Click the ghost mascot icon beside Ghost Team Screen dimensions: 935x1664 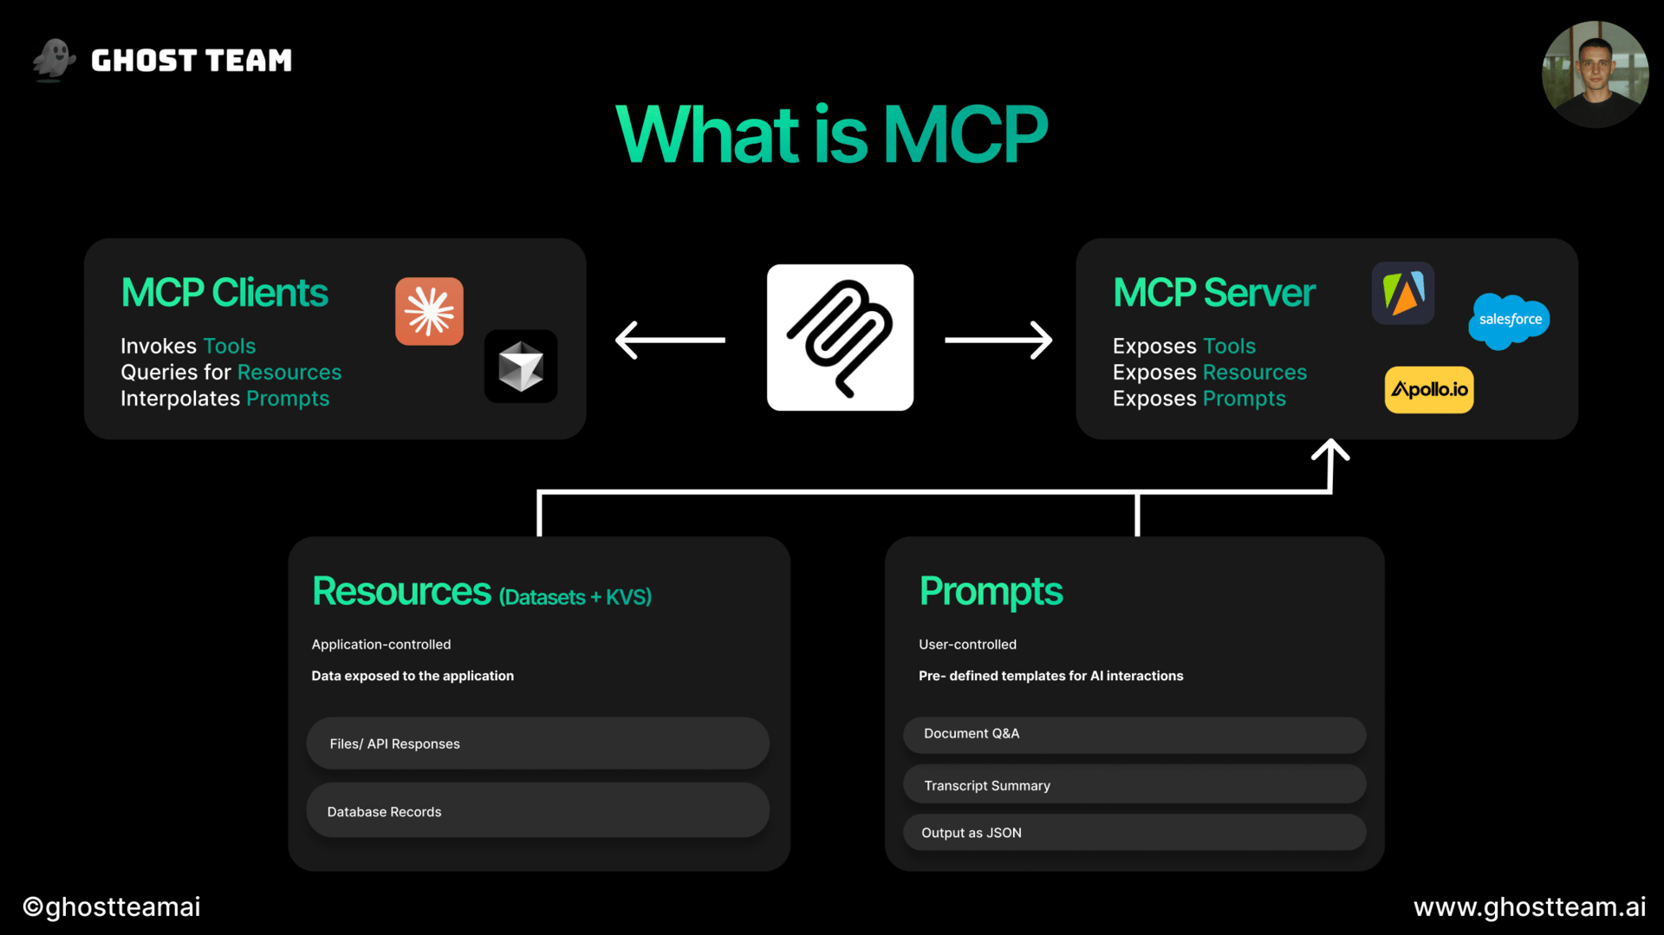(54, 60)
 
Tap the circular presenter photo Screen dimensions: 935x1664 (1595, 75)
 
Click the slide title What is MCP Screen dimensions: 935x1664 (831, 134)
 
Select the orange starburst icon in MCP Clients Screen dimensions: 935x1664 (429, 311)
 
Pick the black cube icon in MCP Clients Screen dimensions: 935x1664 (521, 367)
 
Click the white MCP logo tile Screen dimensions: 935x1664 (840, 337)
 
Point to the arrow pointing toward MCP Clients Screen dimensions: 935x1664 (669, 340)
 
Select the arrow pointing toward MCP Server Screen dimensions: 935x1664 (998, 340)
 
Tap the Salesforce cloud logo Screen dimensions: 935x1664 (1509, 321)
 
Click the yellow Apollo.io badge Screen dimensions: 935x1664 (1429, 390)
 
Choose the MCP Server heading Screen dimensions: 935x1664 (1214, 293)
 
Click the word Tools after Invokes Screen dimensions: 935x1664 (230, 346)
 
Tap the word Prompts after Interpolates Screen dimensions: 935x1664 (288, 399)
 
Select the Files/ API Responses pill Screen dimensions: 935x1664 (537, 743)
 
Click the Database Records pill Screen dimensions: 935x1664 (537, 811)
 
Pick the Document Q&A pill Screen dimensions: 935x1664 (1134, 734)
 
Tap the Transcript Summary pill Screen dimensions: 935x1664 (1134, 785)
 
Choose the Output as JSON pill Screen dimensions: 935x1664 (1134, 833)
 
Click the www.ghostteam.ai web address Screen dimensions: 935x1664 (1530, 906)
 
